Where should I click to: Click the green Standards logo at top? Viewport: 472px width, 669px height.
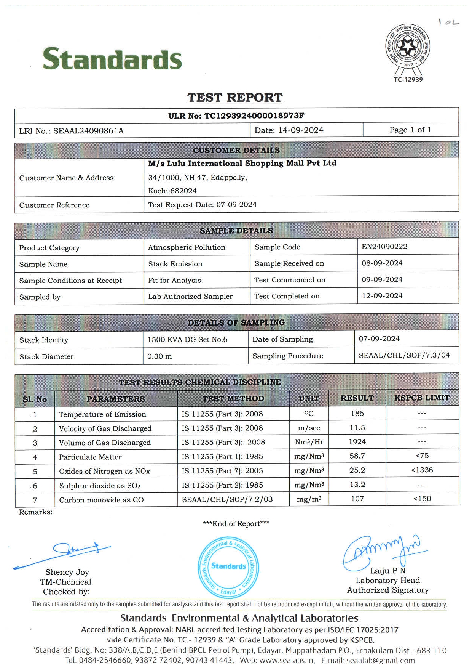112,59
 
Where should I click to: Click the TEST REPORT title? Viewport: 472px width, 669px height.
235,98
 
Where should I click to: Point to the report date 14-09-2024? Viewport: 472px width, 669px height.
301,130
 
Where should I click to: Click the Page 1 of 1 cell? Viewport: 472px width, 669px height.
410,130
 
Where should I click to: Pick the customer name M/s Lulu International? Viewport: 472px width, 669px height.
242,163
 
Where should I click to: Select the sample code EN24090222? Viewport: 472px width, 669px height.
384,247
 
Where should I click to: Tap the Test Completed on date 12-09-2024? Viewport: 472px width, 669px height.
382,296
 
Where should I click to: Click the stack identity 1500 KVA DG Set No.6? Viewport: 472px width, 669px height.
187,339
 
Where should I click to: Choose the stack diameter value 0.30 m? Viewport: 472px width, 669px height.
159,356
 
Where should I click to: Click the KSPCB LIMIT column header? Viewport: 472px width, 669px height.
422,398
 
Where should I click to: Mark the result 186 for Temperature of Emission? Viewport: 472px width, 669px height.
357,413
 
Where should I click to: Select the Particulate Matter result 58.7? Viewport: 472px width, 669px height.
357,456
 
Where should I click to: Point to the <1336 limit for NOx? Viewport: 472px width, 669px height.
422,470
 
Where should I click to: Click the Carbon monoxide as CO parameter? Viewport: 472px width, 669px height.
101,500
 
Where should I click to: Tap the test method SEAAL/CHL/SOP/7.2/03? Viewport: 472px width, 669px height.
227,499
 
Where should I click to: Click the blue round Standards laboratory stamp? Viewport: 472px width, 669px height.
228,566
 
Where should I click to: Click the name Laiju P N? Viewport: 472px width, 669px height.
387,571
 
